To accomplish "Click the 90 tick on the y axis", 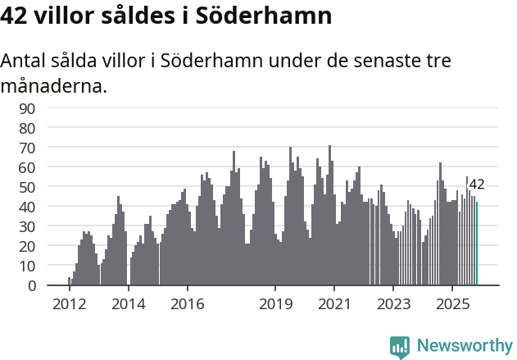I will click(x=51, y=108).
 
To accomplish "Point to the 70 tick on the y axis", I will click(x=51, y=148).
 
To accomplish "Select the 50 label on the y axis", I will click(x=51, y=187).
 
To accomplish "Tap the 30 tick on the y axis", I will click(x=51, y=226).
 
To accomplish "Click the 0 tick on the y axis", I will click(x=54, y=285).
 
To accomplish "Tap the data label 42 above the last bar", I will click(x=477, y=185).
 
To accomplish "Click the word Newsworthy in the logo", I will click(x=465, y=345).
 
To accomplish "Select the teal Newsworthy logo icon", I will click(x=400, y=347).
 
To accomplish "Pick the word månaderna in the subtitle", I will click(x=54, y=85).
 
